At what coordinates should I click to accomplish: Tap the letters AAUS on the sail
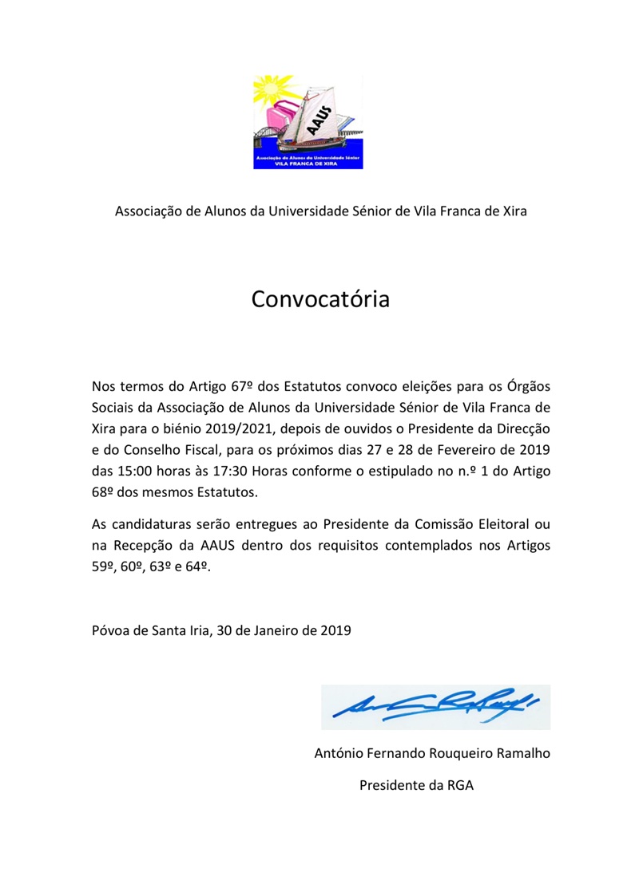tap(322, 111)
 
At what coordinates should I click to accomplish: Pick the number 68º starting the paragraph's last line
tap(105, 491)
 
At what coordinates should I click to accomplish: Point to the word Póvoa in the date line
tap(109, 630)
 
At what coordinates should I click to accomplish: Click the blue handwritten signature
tap(435, 705)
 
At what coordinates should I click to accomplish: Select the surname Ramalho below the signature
tap(522, 752)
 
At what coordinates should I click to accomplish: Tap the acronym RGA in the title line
tap(459, 784)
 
